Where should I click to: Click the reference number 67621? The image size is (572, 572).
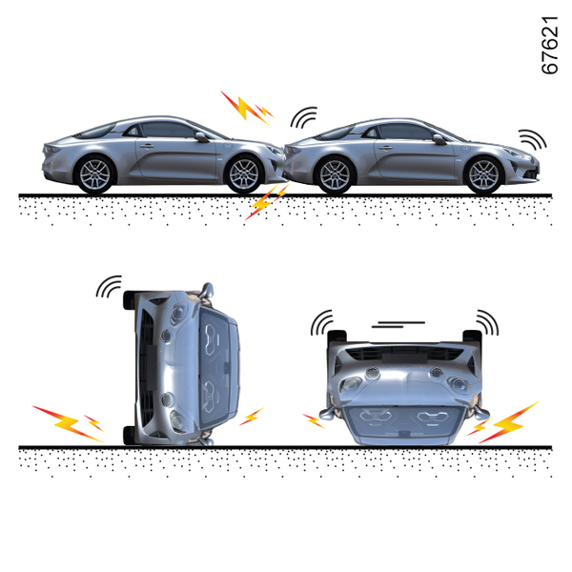[x=550, y=45]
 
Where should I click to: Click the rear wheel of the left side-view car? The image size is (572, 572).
[x=95, y=174]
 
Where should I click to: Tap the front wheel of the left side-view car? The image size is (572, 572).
[x=244, y=174]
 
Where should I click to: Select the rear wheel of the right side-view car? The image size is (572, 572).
[x=335, y=175]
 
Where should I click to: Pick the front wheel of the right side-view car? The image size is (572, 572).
[x=483, y=175]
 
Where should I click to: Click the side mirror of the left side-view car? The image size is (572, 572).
[x=202, y=137]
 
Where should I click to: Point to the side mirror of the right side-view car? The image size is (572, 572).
[x=439, y=139]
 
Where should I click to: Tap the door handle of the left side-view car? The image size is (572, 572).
[x=147, y=146]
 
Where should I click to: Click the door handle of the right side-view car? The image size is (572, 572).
[x=385, y=148]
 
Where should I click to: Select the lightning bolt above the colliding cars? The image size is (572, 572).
[x=248, y=109]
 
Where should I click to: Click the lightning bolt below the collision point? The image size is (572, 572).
[x=267, y=202]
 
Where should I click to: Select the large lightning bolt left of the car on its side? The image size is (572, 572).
[x=69, y=424]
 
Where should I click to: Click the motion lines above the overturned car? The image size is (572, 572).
[x=398, y=324]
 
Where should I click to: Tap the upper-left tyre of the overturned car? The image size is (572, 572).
[x=337, y=336]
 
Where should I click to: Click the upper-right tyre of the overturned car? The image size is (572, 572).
[x=473, y=336]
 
